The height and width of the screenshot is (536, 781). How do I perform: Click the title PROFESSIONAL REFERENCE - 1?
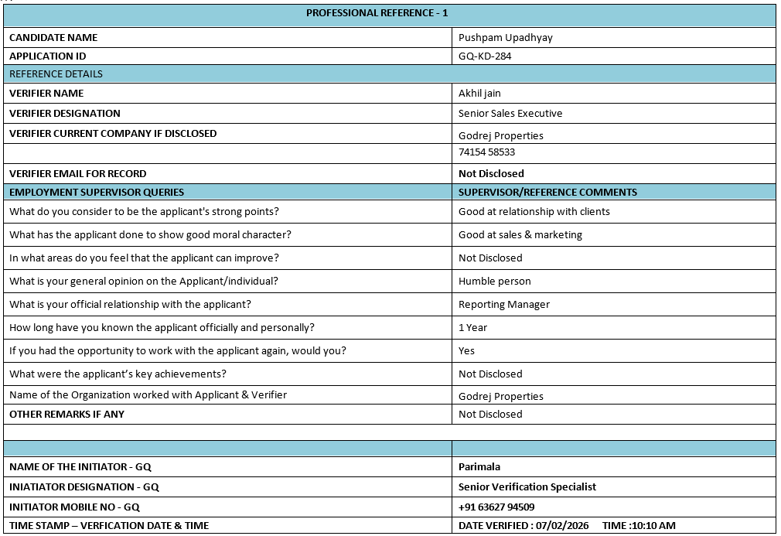pos(377,13)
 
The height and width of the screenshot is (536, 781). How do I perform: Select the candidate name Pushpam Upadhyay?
pos(505,37)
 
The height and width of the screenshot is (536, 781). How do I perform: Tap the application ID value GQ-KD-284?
pos(485,56)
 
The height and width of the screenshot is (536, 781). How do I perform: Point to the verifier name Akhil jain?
pos(479,93)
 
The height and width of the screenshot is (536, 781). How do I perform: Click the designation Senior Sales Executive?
pos(510,113)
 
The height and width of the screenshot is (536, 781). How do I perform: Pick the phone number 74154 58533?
pos(486,152)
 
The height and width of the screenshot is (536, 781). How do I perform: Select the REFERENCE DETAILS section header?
pos(56,74)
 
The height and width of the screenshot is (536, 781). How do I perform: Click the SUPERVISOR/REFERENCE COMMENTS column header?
pos(547,192)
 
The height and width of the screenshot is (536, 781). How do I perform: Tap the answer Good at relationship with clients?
pos(534,211)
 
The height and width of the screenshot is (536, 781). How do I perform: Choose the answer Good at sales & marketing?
pos(520,234)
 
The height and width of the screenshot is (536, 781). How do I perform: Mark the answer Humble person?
pos(494,281)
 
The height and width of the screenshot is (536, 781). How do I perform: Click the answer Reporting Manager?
pos(503,304)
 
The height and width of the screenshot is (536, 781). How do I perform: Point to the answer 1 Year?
pos(472,327)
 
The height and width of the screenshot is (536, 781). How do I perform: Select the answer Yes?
pos(466,350)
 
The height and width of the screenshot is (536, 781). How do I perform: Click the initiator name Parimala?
pos(479,466)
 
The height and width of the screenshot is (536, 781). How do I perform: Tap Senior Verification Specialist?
pos(527,486)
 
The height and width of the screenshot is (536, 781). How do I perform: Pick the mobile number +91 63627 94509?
pos(496,507)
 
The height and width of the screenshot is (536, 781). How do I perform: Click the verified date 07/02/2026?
pos(564,525)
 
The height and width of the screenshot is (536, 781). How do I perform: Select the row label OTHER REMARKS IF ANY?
pos(67,414)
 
